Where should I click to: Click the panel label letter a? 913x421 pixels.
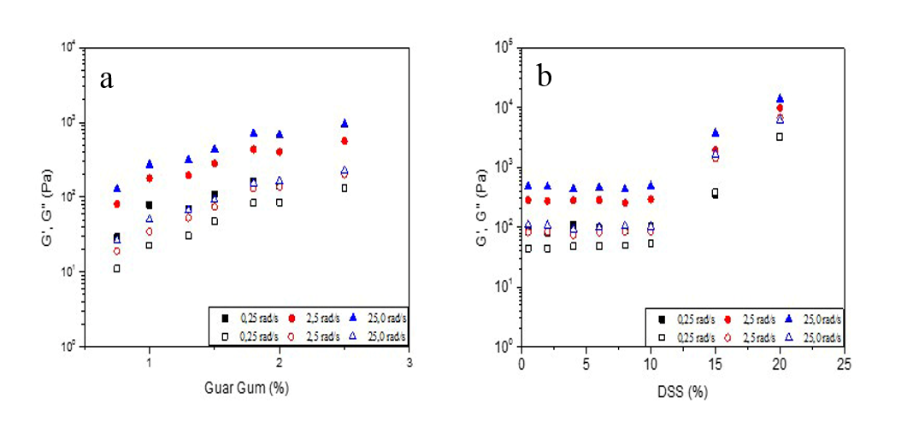[x=106, y=79]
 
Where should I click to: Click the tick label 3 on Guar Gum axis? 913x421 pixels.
[x=409, y=362]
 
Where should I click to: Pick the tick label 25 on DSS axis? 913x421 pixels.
[x=843, y=362]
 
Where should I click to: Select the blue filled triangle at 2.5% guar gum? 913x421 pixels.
[x=345, y=123]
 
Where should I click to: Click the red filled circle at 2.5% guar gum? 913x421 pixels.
[x=345, y=141]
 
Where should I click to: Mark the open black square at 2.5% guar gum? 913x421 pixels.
[x=345, y=188]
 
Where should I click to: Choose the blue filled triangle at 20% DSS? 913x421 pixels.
[x=780, y=98]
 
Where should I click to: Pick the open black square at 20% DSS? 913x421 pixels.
[x=780, y=137]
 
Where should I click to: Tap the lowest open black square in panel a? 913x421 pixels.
[x=117, y=268]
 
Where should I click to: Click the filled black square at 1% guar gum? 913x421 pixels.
[x=149, y=205]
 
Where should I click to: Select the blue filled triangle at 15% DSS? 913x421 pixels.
[x=716, y=132]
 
